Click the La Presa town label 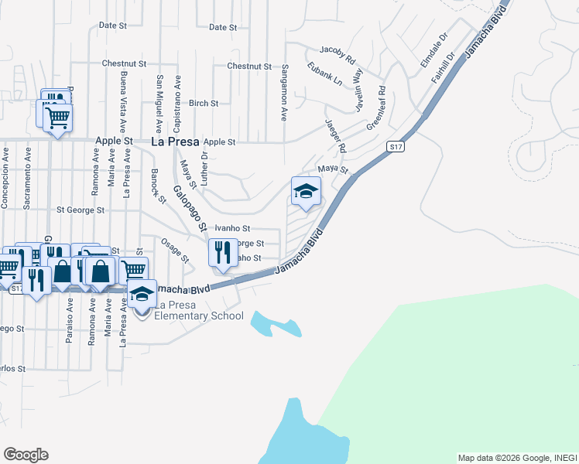[174, 142]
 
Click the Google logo [26, 455]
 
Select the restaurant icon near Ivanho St [223, 251]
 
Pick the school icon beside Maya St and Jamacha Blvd [306, 190]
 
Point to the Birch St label [204, 103]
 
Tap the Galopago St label [188, 209]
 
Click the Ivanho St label [232, 228]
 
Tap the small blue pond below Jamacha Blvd [274, 325]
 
